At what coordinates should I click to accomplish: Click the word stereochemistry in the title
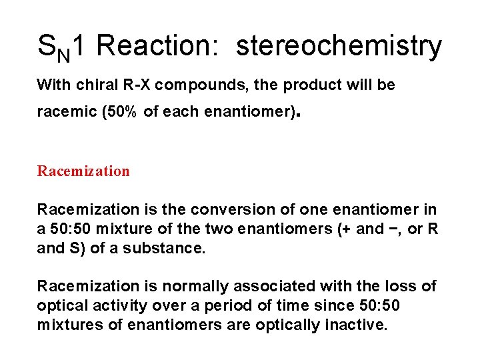[x=339, y=47]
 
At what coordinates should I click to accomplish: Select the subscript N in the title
[x=64, y=54]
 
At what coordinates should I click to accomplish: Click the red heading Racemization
[x=83, y=171]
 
